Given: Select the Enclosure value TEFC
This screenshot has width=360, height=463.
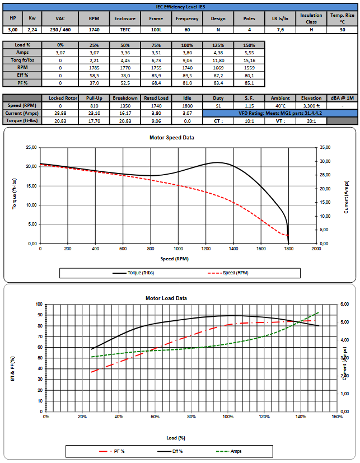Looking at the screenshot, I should (125, 29).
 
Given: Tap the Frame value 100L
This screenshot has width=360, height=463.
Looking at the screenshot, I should (156, 29).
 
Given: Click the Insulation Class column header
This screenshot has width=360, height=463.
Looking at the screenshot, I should (311, 18).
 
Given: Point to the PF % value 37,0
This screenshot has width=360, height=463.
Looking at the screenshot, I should (93, 83).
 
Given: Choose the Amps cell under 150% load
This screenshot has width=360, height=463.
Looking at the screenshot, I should (249, 52).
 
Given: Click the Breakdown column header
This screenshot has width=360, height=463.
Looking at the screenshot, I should (125, 98).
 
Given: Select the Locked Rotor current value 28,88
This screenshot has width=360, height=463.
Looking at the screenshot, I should (60, 113).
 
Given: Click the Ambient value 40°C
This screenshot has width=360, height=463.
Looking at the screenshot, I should (280, 105).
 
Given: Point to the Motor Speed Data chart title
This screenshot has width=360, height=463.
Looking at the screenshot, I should (179, 137).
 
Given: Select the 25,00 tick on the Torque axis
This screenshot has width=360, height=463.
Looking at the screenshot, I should (31, 148).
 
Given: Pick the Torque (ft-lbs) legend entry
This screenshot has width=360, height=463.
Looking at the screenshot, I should (134, 273).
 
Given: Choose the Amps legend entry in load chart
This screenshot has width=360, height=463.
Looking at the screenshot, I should (235, 451).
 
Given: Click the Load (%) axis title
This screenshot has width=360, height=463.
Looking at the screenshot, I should (176, 437).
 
